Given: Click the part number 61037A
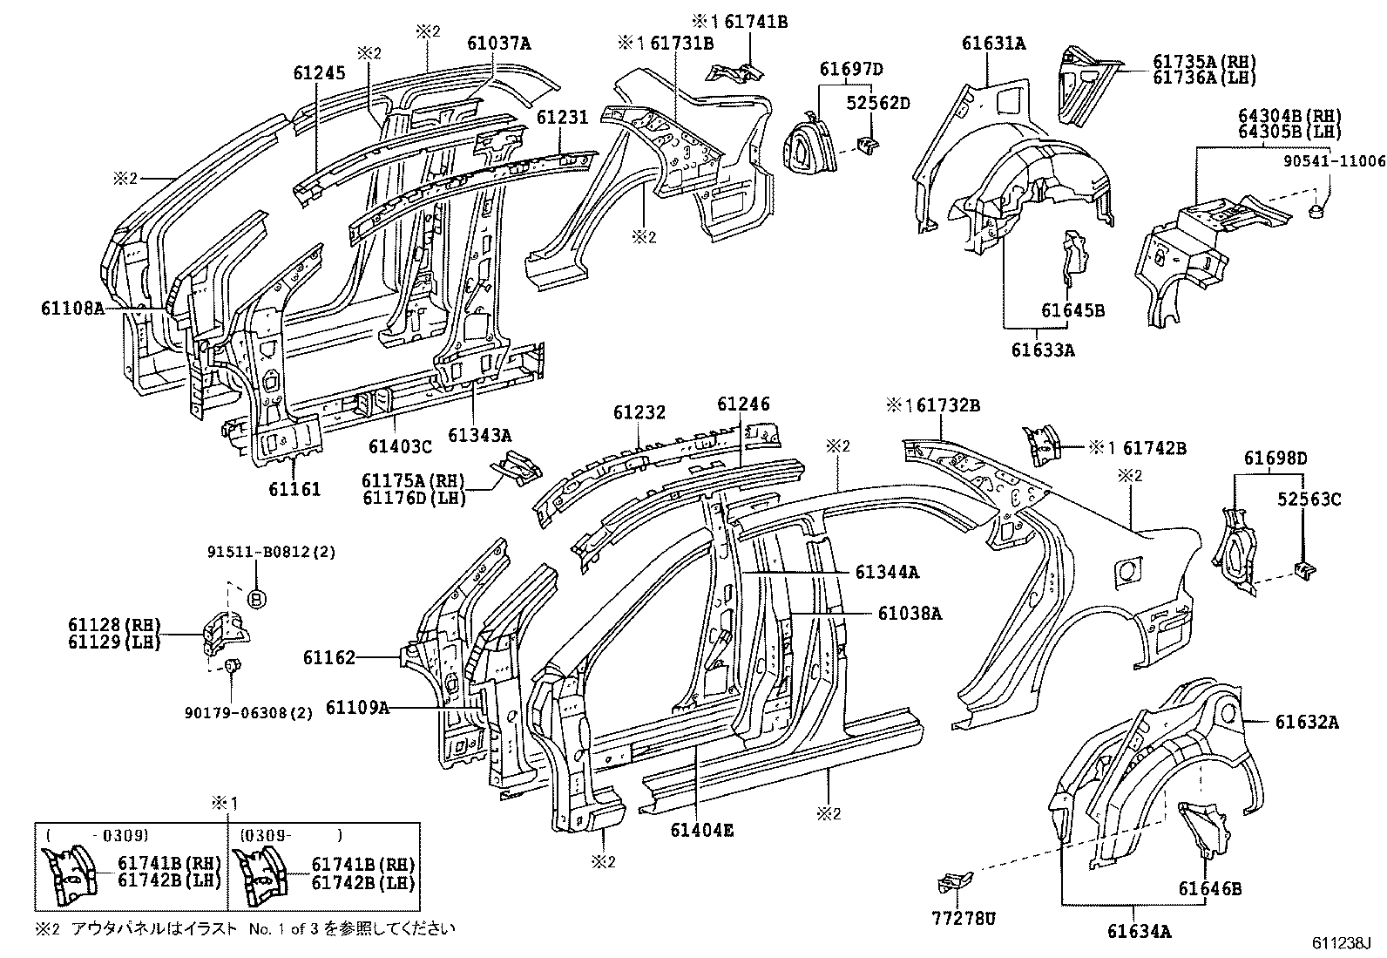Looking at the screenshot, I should click(498, 44).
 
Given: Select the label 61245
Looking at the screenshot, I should click(320, 74).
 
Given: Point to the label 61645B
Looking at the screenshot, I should click(1072, 310).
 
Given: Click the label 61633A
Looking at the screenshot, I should click(1043, 350).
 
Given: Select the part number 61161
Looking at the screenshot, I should click(294, 490).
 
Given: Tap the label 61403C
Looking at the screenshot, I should click(400, 446).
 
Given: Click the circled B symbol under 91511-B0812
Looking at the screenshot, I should click(257, 599).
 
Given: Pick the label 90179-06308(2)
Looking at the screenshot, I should click(248, 713).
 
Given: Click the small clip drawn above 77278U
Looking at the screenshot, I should click(948, 883).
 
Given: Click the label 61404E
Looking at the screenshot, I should click(701, 830).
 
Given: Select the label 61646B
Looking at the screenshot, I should click(1210, 889).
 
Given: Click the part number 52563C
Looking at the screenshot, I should click(1308, 499).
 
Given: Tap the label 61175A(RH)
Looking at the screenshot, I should click(414, 481).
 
